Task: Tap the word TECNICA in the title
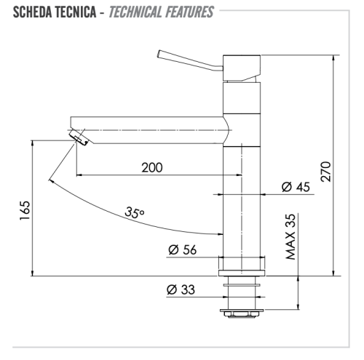[x=75, y=12]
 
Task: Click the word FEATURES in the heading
[x=191, y=12]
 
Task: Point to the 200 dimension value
[x=151, y=167]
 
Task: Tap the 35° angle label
[x=135, y=213]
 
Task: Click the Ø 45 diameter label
[x=296, y=187]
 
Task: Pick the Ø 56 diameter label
[x=182, y=249]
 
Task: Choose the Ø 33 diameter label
[x=181, y=289]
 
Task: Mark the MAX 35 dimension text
[x=290, y=237]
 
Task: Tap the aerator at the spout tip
[x=77, y=138]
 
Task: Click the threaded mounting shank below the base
[x=241, y=295]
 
